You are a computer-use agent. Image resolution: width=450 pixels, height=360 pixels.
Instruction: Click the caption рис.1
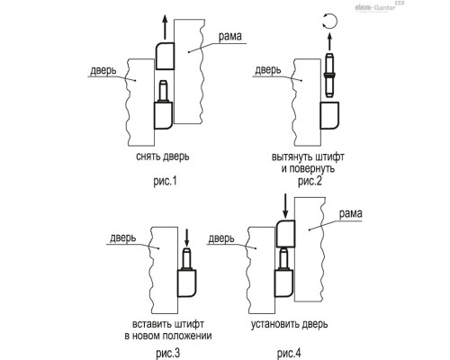click(x=165, y=181)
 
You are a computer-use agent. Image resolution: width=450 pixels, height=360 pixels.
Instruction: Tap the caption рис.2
click(x=310, y=181)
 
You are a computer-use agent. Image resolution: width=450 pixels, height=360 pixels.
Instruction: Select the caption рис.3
click(x=168, y=353)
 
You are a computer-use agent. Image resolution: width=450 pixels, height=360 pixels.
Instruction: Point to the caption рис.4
click(x=289, y=353)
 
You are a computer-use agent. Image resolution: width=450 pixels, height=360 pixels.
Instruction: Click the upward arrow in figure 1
click(x=165, y=27)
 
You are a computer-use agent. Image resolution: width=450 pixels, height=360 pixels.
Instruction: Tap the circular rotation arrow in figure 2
click(x=329, y=22)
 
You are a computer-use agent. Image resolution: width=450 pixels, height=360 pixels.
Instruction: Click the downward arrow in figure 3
click(x=186, y=238)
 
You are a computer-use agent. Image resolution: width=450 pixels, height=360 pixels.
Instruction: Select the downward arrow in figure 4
click(x=285, y=206)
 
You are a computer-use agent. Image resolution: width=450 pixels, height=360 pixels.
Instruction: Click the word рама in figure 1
click(x=229, y=36)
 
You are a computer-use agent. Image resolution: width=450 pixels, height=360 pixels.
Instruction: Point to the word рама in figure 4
click(x=350, y=213)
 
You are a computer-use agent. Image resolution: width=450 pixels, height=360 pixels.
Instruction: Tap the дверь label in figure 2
click(x=268, y=70)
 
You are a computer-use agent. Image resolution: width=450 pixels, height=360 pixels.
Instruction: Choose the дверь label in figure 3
click(x=123, y=238)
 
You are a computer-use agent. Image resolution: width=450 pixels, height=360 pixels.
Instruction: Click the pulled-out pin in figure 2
click(x=329, y=75)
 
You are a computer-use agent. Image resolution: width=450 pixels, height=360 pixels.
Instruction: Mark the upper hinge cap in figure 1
click(x=165, y=56)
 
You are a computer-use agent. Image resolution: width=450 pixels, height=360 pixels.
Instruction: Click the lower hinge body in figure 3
click(x=187, y=283)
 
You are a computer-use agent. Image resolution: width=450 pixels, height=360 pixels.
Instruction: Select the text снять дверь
click(x=163, y=157)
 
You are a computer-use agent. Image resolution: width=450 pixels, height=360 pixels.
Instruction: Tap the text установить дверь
click(x=289, y=324)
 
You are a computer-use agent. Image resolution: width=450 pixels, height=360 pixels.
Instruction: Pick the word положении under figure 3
click(x=187, y=336)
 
